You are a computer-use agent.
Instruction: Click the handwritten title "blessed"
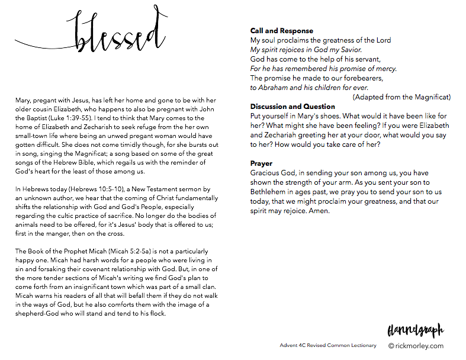tap(118, 36)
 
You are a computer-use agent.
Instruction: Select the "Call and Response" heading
tap(281, 31)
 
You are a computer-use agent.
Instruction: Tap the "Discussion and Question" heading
tap(293, 107)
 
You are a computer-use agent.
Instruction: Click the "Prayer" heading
tap(262, 163)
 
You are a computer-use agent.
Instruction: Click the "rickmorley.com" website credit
tap(421, 345)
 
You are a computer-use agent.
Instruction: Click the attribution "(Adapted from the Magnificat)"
tap(401, 97)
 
